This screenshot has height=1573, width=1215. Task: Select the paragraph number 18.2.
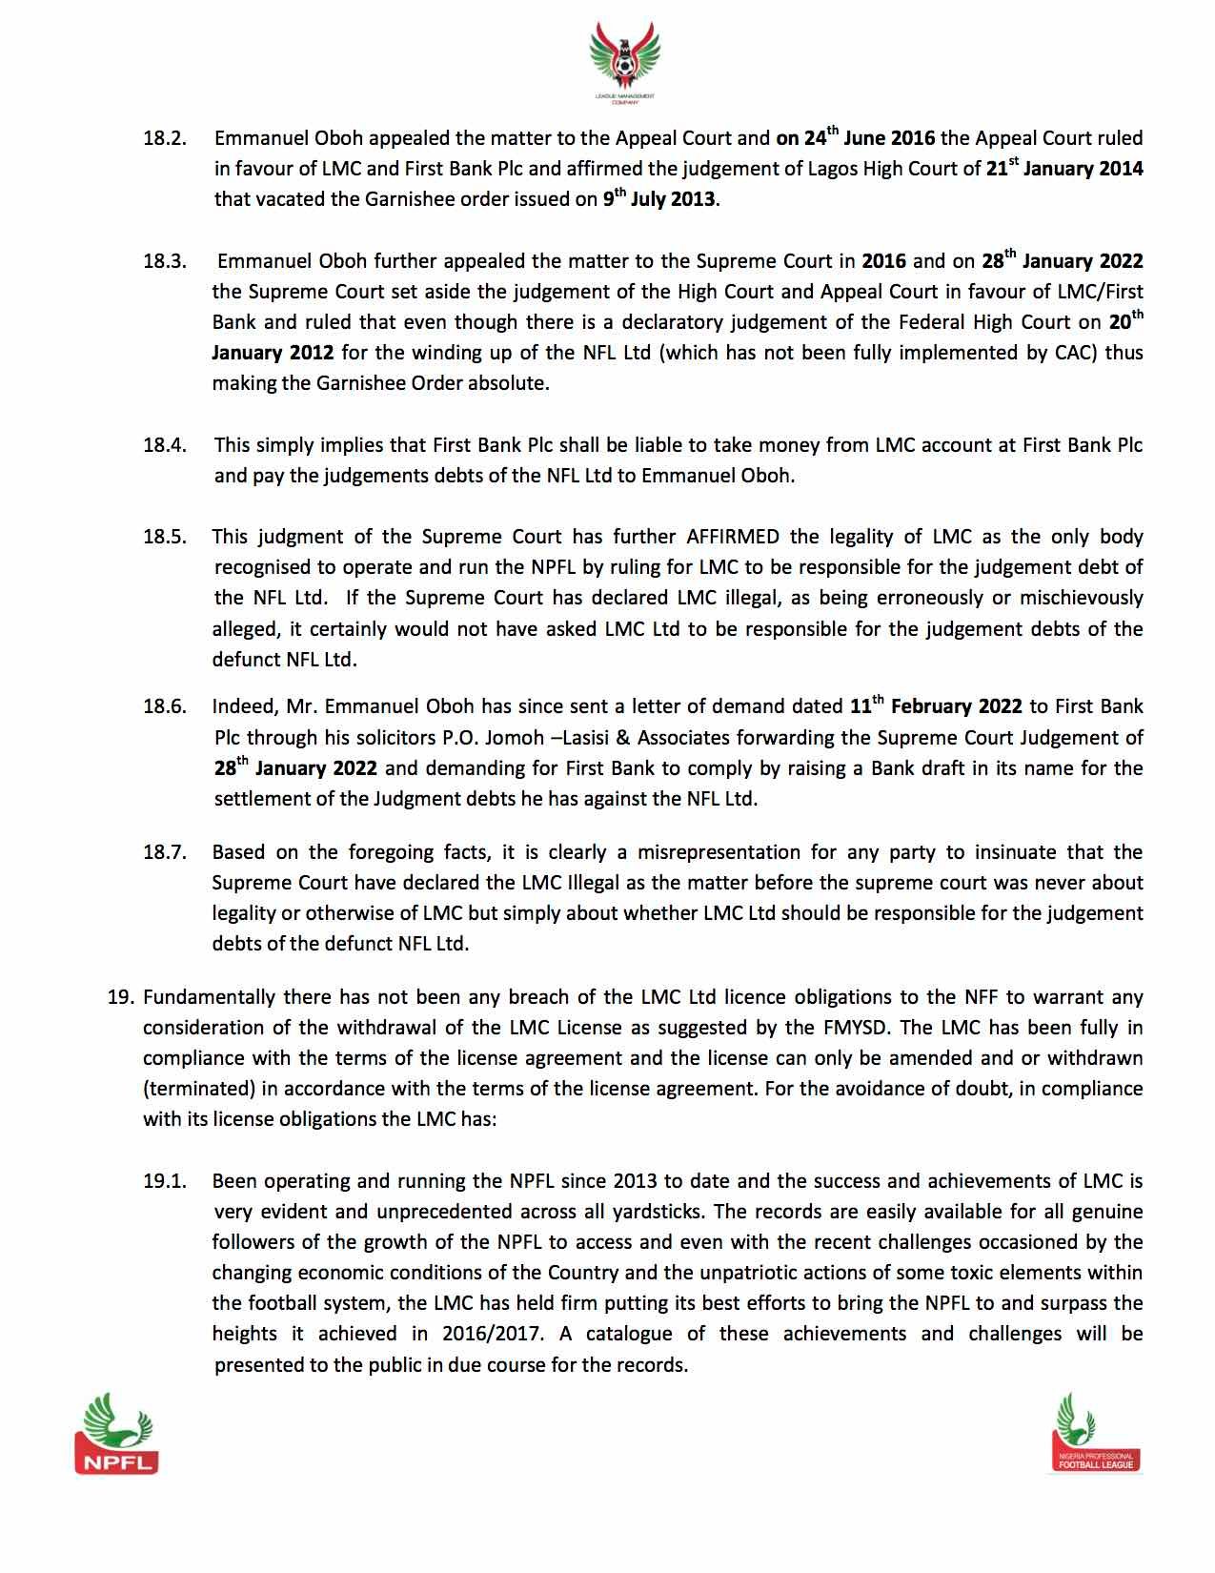164,138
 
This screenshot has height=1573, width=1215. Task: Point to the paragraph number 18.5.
164,537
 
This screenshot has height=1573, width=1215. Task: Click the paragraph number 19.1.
164,1181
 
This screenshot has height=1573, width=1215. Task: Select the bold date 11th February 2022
935,706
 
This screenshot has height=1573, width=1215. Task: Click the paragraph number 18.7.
164,851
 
